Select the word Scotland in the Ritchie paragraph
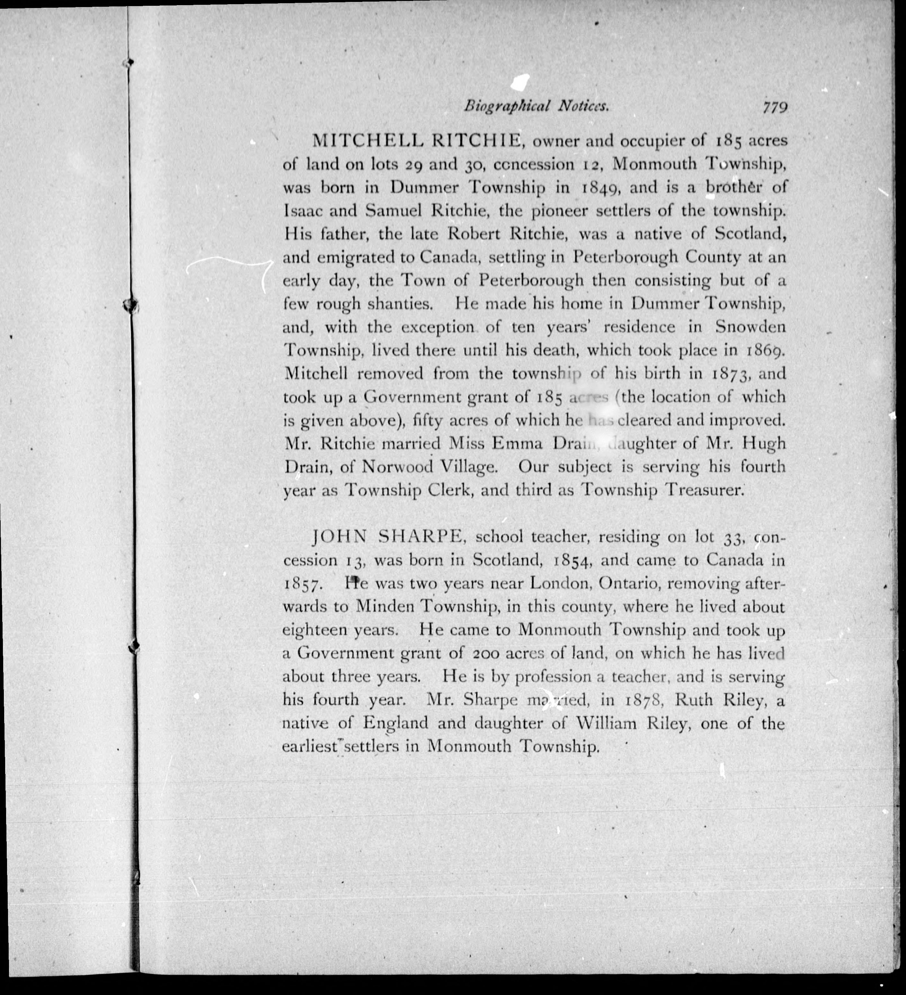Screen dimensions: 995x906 750,234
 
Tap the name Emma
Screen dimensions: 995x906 517,444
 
